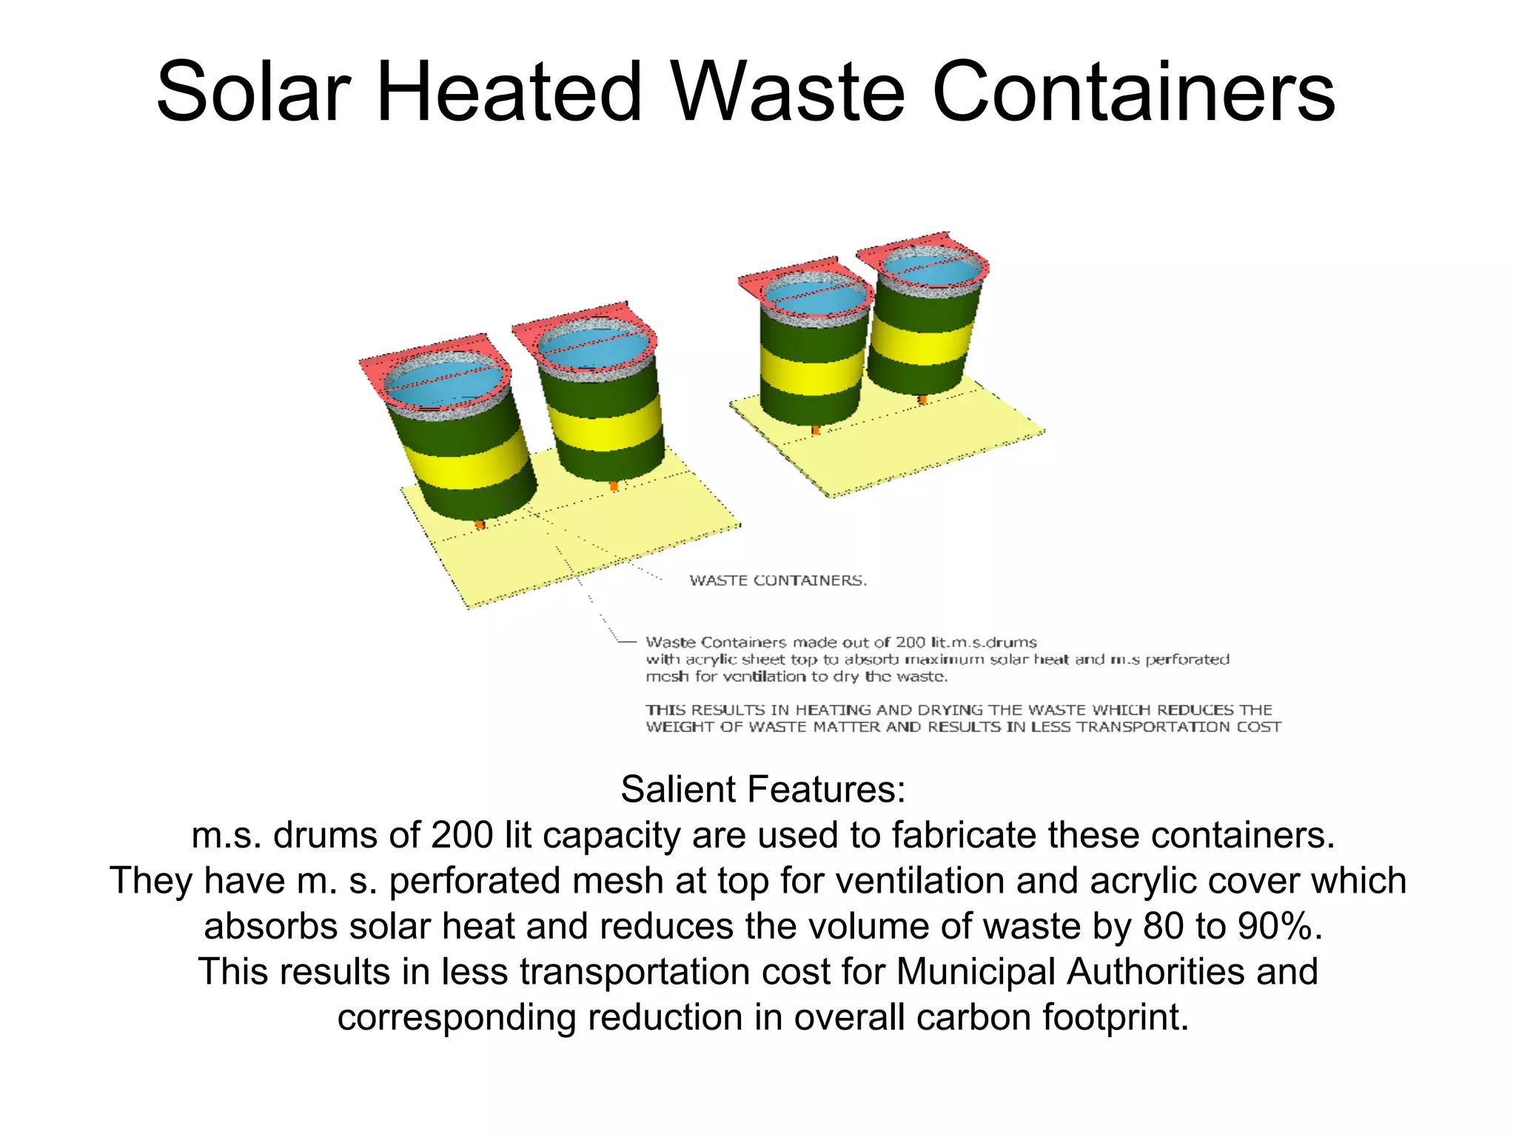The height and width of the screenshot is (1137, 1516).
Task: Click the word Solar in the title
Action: click(252, 93)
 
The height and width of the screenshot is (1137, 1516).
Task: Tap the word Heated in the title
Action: click(509, 93)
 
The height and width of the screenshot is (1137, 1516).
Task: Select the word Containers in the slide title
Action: click(1133, 93)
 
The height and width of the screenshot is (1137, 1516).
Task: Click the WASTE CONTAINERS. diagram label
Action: click(778, 581)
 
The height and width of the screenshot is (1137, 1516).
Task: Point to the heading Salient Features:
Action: click(762, 789)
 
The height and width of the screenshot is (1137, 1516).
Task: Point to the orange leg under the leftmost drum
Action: click(480, 524)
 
